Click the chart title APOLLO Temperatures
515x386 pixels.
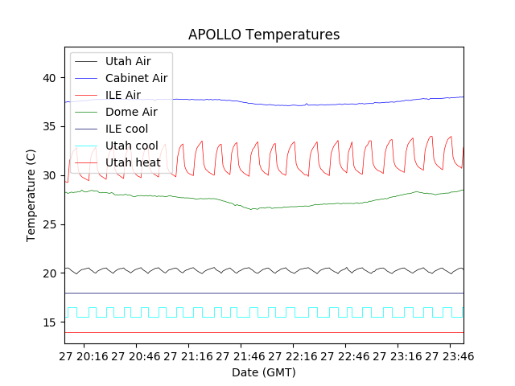click(264, 35)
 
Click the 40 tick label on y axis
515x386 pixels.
click(49, 78)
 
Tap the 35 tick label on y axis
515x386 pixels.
click(49, 127)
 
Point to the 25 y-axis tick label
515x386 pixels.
click(49, 224)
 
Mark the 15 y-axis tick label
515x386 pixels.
click(49, 322)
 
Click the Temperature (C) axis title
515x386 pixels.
click(31, 195)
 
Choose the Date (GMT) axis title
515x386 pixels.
click(264, 372)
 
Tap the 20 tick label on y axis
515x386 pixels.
click(49, 273)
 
